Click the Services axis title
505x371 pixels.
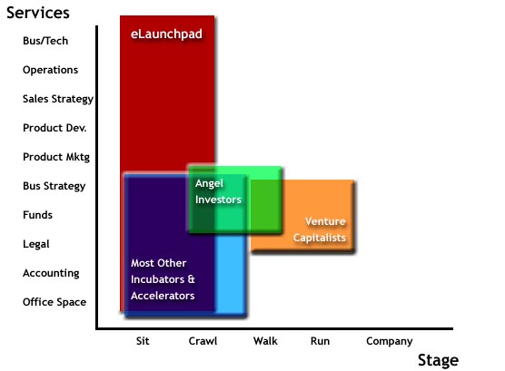tap(38, 13)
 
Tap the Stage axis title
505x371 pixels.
tap(438, 360)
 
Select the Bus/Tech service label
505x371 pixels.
tap(45, 41)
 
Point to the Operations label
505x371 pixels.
tap(50, 70)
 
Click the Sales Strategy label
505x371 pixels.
tap(58, 99)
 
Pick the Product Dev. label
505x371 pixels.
tap(54, 128)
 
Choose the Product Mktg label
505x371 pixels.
tap(56, 157)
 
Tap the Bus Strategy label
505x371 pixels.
tap(54, 186)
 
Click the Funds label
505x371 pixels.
tap(37, 215)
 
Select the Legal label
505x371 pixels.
tap(36, 244)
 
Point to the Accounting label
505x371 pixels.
tap(51, 273)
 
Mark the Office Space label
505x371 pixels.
tap(54, 302)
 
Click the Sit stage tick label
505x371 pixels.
tap(143, 341)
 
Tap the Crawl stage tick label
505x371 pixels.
tap(203, 341)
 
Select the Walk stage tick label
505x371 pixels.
tap(265, 341)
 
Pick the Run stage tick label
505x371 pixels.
tap(320, 341)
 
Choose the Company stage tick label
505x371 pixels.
tap(390, 342)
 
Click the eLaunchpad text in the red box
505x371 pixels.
tap(166, 34)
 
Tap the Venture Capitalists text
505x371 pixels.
tap(320, 229)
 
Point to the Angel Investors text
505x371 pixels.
tap(218, 191)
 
